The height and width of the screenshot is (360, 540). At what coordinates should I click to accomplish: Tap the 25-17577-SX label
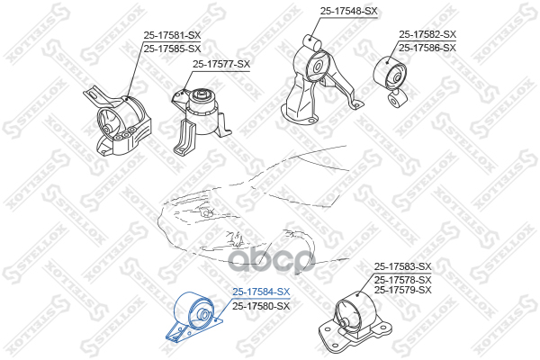(x=220, y=64)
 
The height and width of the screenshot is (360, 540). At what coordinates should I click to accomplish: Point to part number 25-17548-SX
(x=349, y=11)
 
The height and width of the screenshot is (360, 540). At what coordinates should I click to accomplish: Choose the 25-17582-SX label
(x=427, y=34)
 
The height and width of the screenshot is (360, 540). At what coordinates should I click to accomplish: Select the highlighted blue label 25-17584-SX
(x=261, y=292)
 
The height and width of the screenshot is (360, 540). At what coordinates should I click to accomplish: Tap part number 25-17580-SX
(x=261, y=306)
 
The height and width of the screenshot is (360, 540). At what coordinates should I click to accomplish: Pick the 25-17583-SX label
(x=403, y=266)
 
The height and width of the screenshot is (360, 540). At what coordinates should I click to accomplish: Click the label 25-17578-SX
(x=403, y=280)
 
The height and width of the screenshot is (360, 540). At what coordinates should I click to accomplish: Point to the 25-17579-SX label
(x=403, y=290)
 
